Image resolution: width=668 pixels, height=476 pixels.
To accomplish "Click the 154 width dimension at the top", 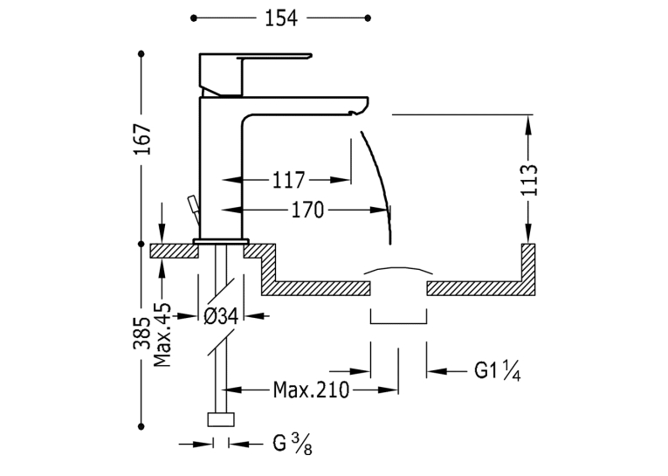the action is click(281, 17).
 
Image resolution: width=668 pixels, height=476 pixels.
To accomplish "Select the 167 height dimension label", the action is click(142, 140).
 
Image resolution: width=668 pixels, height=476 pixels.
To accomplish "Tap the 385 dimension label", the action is click(141, 334).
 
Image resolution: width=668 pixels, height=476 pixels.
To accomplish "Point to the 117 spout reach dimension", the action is click(288, 180).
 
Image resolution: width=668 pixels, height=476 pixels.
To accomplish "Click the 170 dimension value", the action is click(307, 210).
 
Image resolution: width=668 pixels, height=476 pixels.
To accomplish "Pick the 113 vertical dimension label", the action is click(529, 179).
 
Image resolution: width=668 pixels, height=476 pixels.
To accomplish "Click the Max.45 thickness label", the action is click(162, 335).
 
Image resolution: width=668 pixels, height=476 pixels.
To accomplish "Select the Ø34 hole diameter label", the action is click(221, 316).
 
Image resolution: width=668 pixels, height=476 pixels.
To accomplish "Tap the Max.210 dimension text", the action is click(311, 390).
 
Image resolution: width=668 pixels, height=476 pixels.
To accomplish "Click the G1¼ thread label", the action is click(498, 370).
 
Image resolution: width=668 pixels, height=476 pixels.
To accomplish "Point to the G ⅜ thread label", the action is click(293, 444).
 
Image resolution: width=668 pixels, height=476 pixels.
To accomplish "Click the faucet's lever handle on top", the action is click(256, 73).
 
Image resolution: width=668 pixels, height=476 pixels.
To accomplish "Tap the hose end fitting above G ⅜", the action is click(221, 419).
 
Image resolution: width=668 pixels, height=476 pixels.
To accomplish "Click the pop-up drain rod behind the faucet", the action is click(194, 210).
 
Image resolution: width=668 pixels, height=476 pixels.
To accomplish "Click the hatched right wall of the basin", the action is click(528, 269).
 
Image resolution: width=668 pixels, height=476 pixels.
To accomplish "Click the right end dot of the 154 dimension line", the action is click(368, 17).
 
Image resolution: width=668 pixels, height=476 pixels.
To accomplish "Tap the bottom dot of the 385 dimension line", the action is click(141, 426).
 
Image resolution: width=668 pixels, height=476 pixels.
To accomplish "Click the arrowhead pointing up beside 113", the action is click(528, 124).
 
